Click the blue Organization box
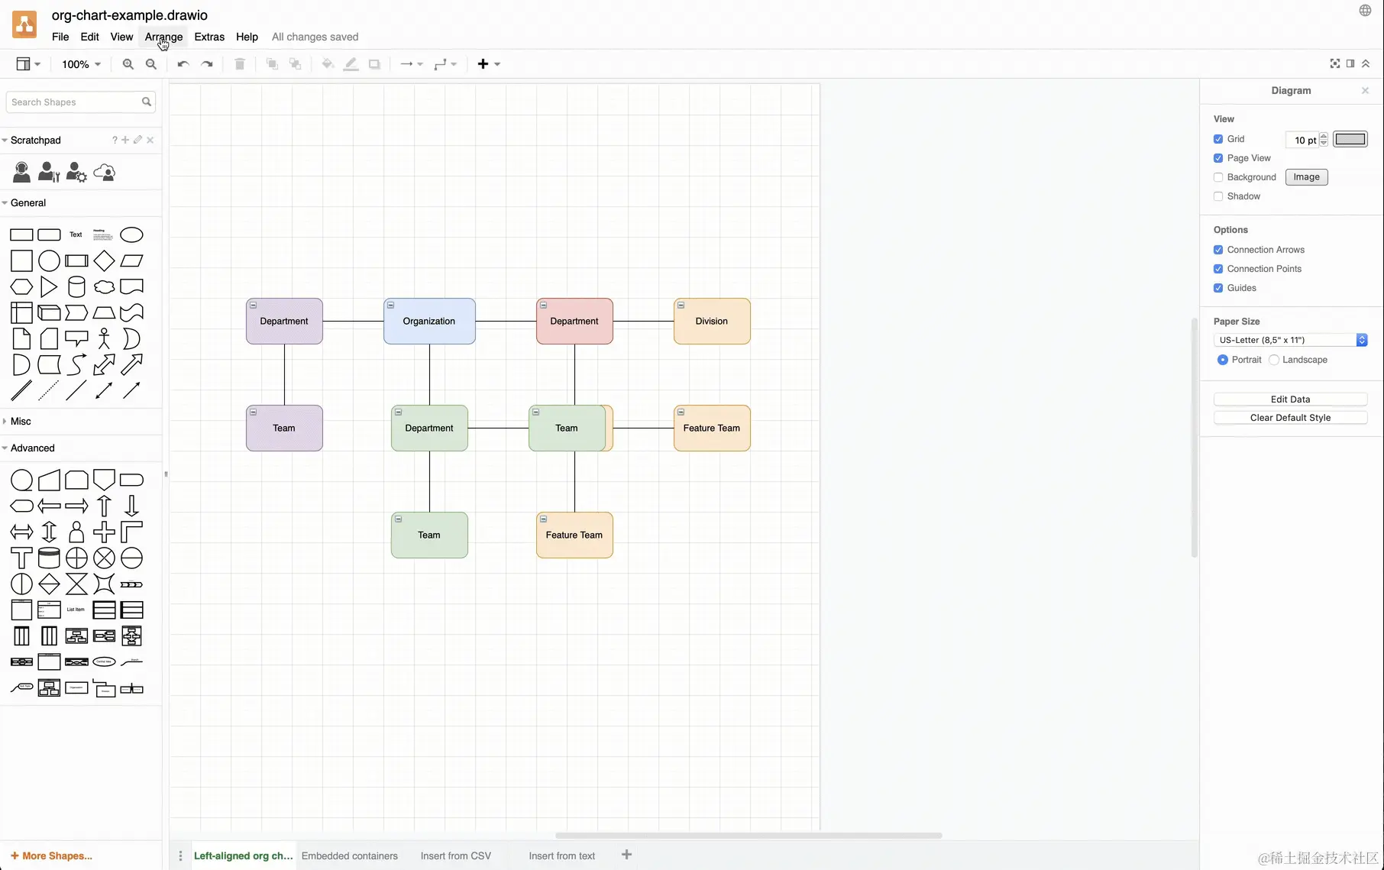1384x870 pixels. (429, 322)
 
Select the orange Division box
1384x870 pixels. (712, 322)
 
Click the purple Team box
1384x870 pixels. (284, 429)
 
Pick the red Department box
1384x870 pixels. (574, 322)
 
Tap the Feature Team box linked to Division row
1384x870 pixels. (712, 429)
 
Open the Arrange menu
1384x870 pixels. (163, 37)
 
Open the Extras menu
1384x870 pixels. (209, 37)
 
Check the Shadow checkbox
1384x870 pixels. (1218, 196)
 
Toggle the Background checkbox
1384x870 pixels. (1218, 177)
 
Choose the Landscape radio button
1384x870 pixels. (1274, 360)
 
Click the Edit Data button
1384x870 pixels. (1290, 399)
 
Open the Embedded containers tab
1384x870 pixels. (350, 855)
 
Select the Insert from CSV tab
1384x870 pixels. (456, 855)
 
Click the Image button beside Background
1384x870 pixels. (1306, 177)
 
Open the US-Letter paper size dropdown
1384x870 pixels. (1290, 340)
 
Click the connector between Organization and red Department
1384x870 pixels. (506, 322)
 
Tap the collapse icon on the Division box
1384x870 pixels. (681, 306)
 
